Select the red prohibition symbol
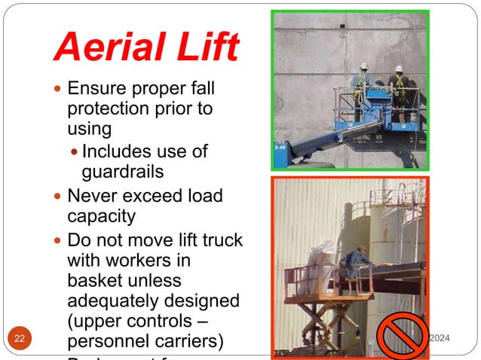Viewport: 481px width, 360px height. coord(403,337)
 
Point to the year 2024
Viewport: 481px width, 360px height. coord(440,339)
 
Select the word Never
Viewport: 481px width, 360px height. coord(93,196)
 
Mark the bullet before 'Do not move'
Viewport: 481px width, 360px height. coord(60,241)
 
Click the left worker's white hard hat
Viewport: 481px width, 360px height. coord(364,66)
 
